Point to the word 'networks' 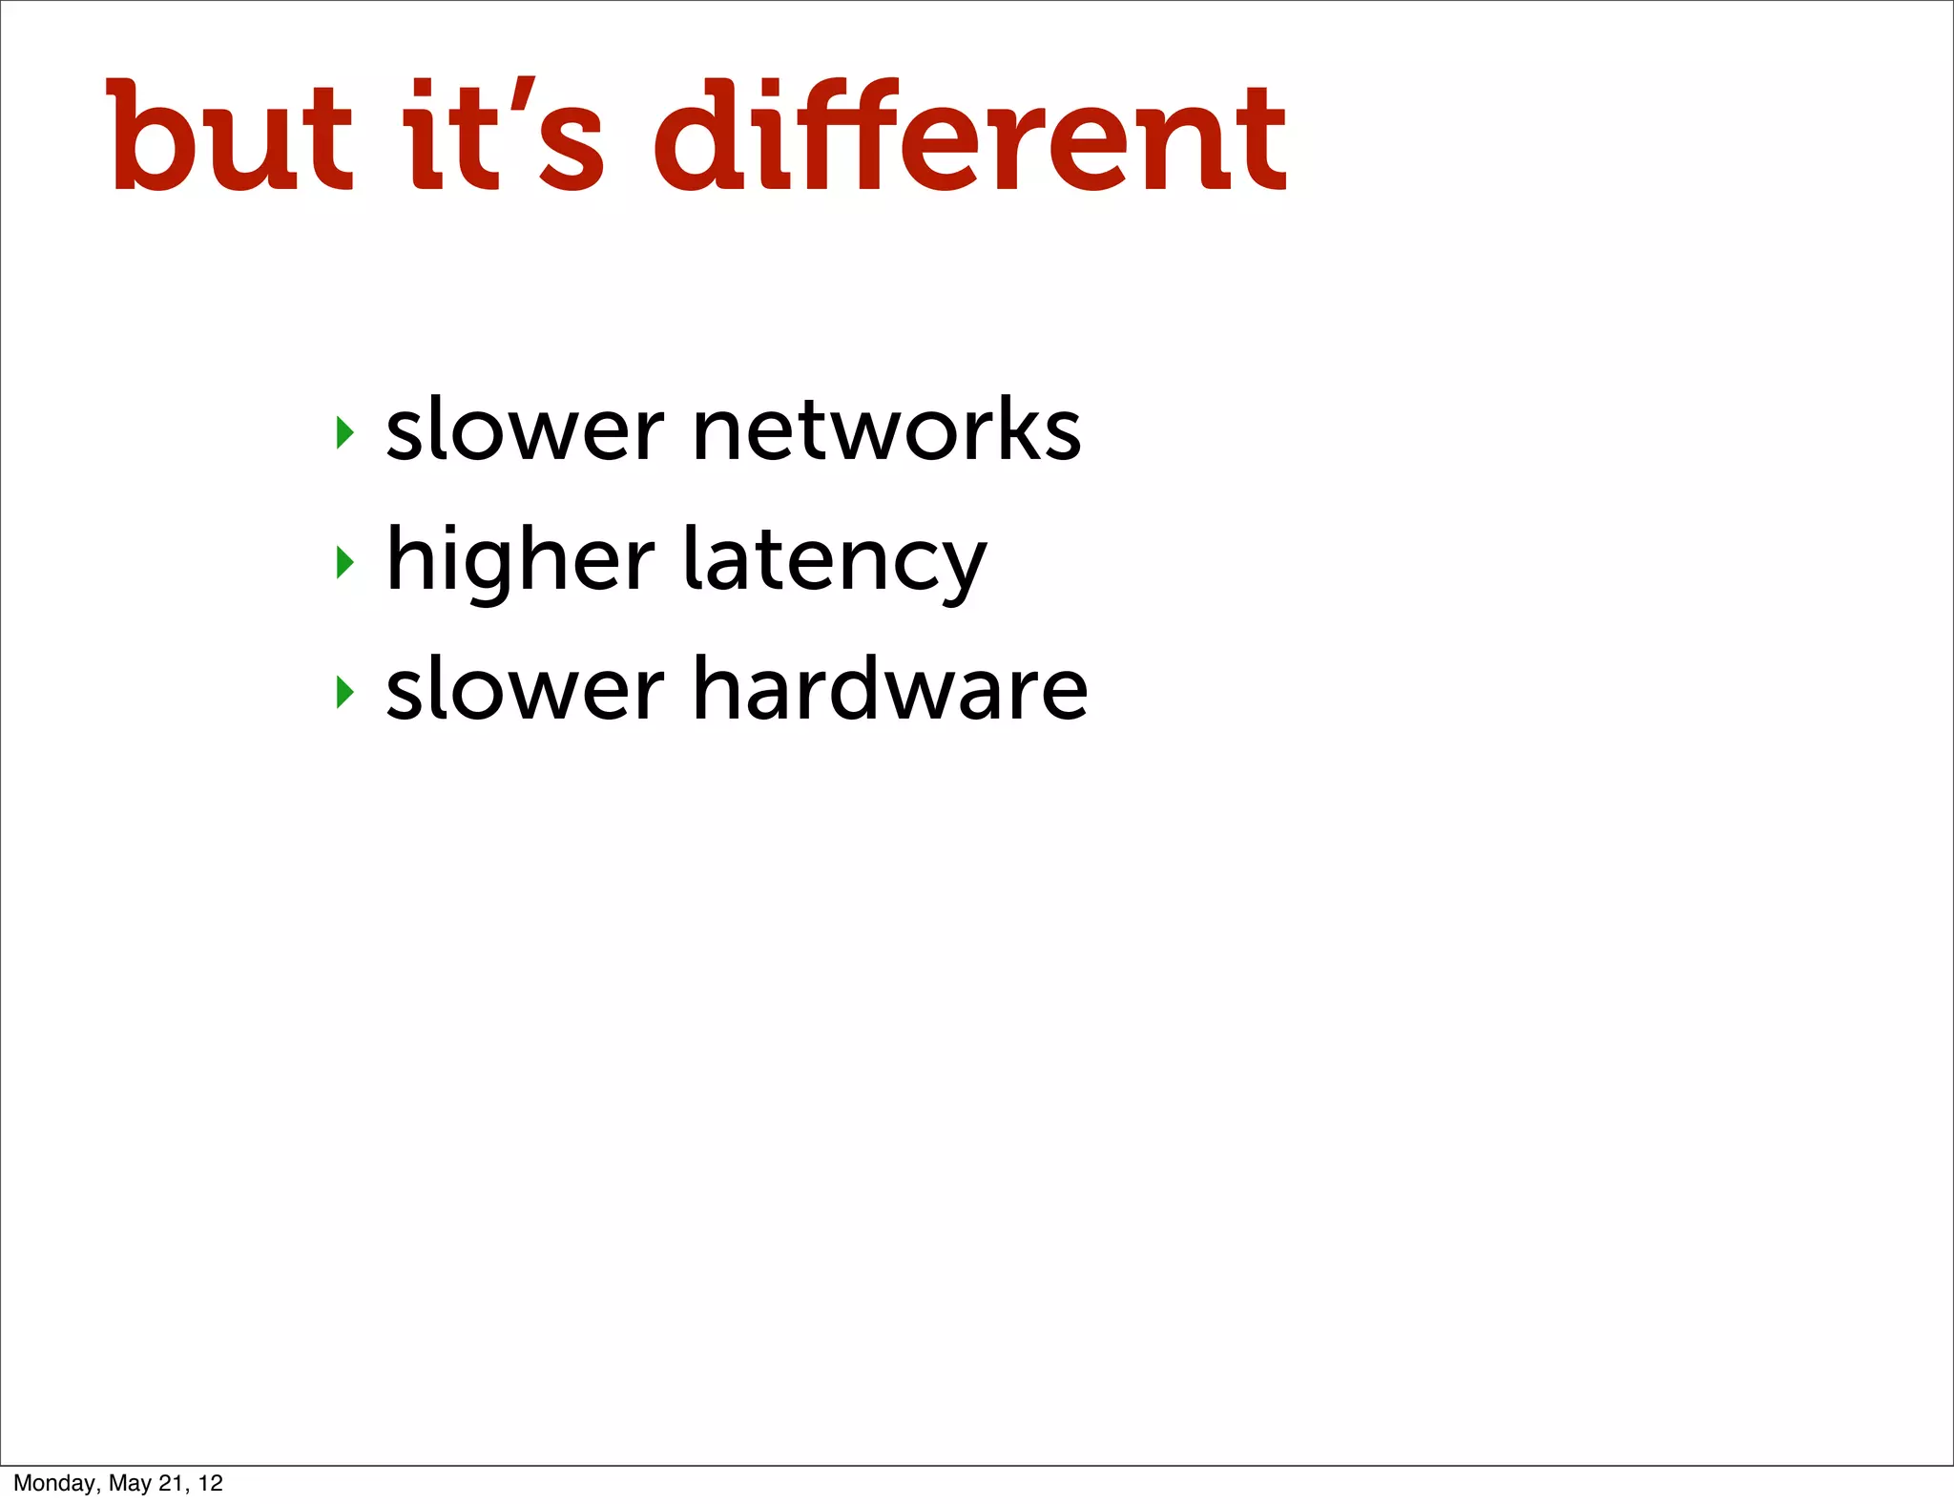887,430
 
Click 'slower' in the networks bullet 525,430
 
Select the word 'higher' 521,561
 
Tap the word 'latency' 835,561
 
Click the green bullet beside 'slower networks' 345,432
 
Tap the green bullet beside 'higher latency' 345,562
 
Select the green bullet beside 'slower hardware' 345,691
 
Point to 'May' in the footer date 131,1483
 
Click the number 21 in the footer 172,1483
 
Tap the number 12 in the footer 211,1483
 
